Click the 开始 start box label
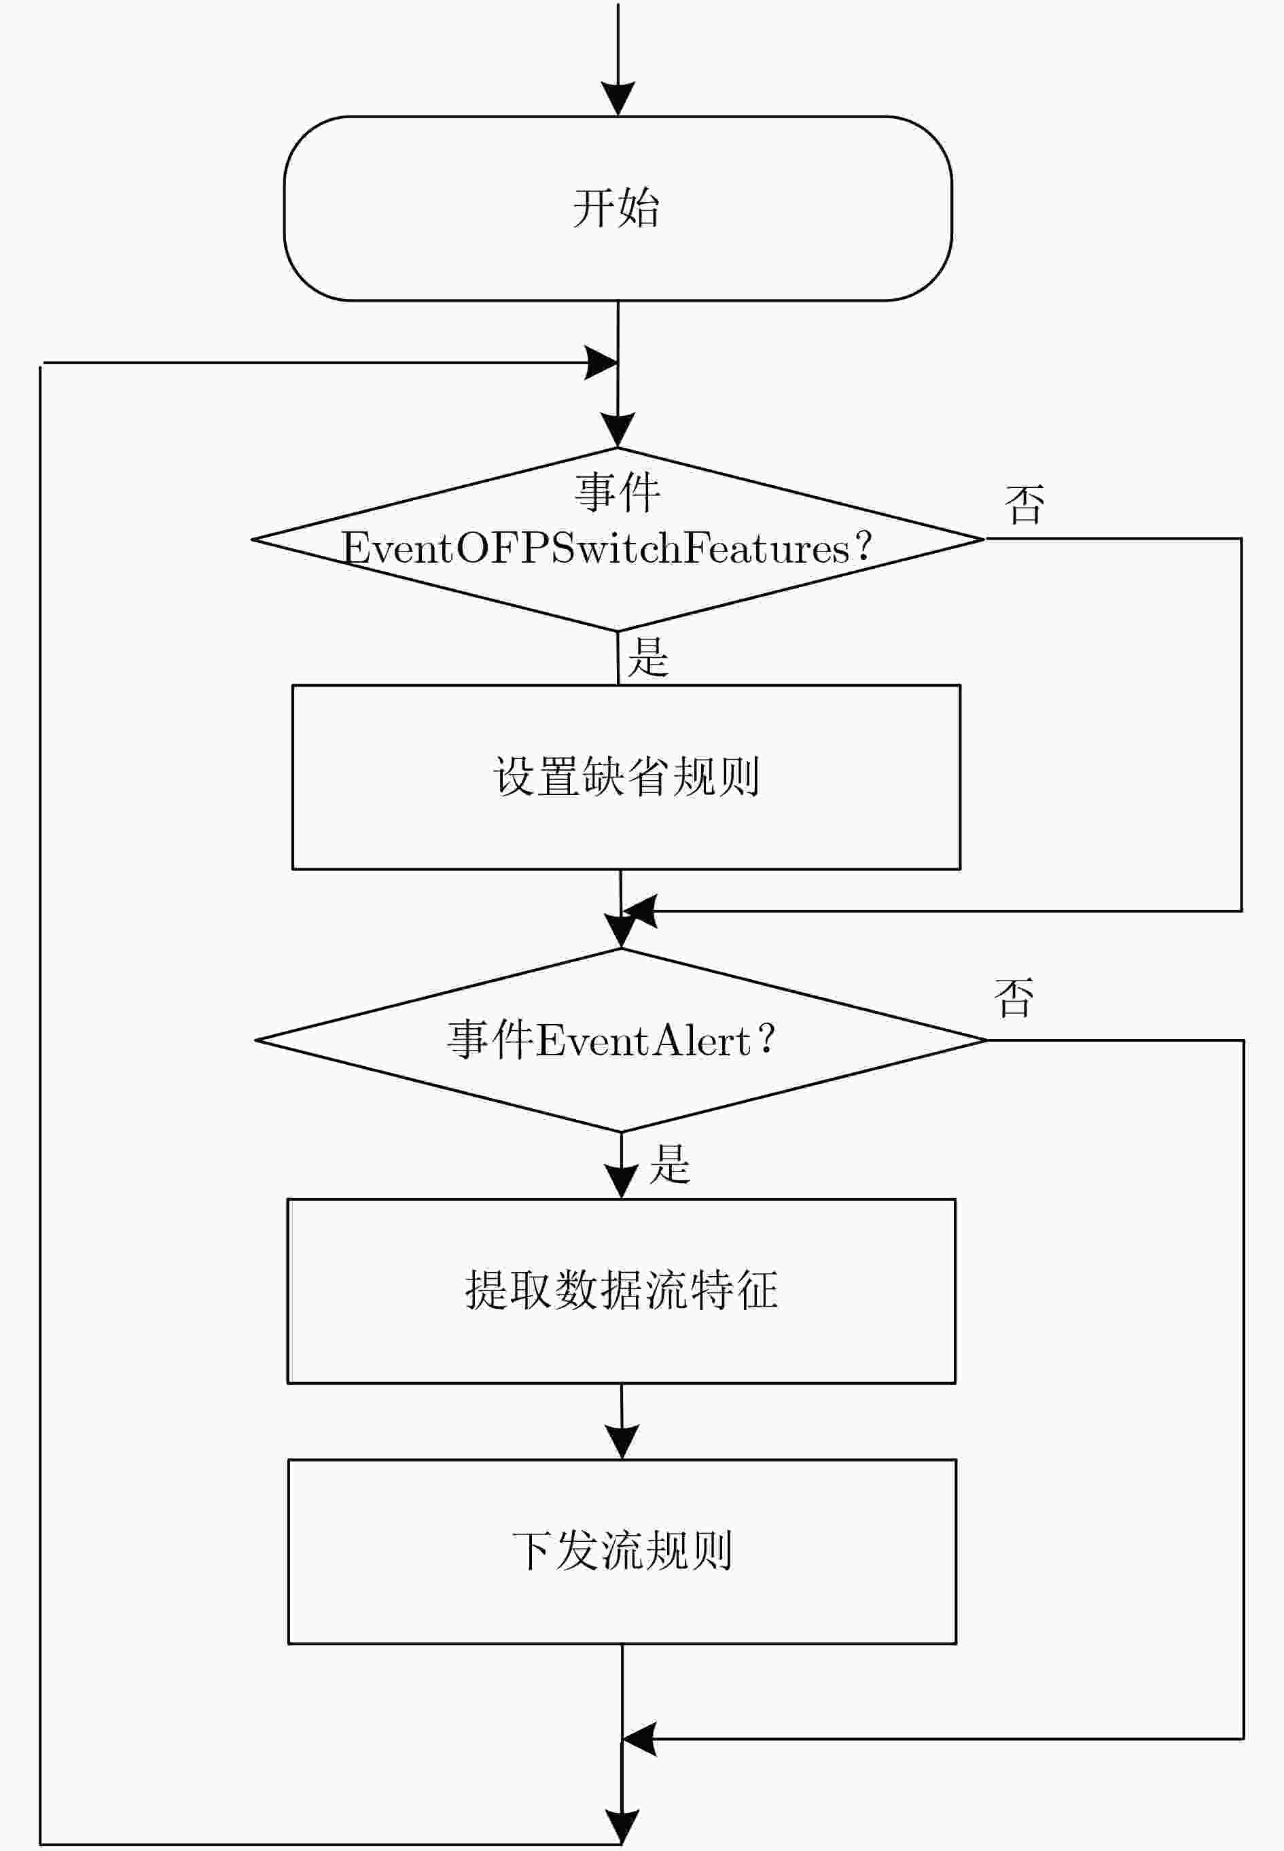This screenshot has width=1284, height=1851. point(616,209)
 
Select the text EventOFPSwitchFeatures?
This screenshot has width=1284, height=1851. point(607,548)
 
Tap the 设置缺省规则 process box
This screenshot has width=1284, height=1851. point(626,777)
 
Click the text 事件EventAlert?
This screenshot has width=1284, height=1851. point(611,1040)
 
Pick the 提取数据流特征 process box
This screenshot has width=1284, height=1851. point(621,1291)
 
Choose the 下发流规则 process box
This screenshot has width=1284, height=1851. point(622,1551)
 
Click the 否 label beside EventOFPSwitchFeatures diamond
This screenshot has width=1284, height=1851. point(1025,505)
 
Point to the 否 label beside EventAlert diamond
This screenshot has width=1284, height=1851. point(1014,998)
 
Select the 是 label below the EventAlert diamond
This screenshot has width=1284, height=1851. point(670,1164)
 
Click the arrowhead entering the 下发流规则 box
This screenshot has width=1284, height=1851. point(622,1441)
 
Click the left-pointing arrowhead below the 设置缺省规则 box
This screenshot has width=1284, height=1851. point(639,911)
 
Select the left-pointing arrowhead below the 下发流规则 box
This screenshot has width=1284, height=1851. point(639,1739)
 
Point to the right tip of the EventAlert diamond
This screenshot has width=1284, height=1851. point(986,1040)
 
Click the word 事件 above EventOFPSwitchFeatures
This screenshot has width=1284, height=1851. point(618,493)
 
